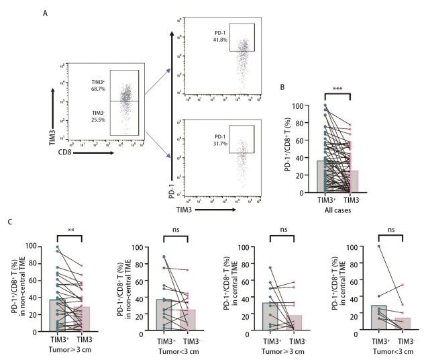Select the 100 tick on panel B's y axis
306,106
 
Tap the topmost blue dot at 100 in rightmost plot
377,246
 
